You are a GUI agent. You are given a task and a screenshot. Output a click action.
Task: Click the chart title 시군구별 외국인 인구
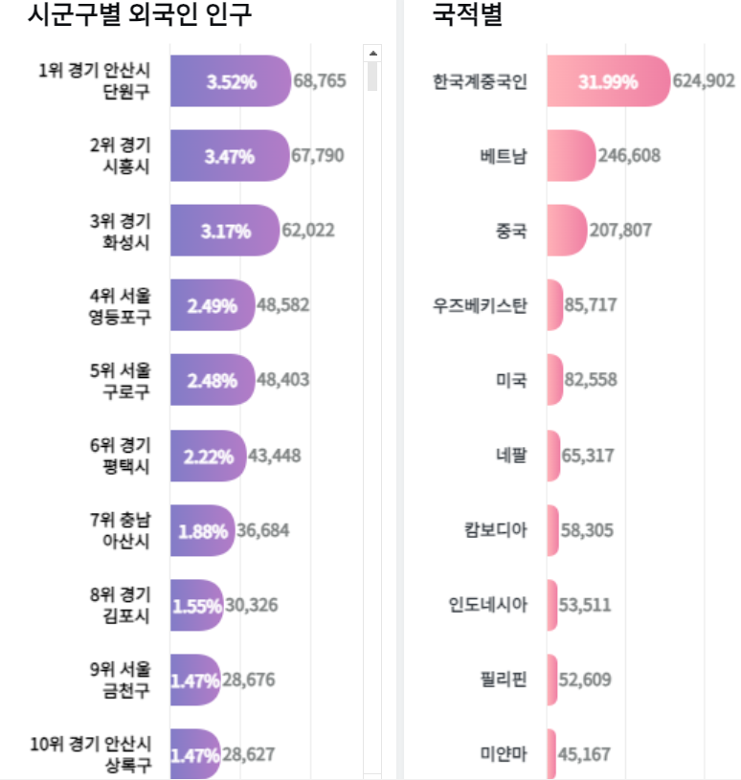pyautogui.click(x=140, y=15)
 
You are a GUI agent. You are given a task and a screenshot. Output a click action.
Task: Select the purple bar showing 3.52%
pyautogui.click(x=231, y=81)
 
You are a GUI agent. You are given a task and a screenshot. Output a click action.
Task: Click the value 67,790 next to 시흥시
pyautogui.click(x=317, y=156)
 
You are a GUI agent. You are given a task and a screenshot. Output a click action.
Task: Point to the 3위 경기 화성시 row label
pyautogui.click(x=120, y=231)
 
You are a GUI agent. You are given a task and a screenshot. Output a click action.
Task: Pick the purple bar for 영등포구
pyautogui.click(x=213, y=305)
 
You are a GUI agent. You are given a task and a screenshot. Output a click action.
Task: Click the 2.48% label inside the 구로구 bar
pyautogui.click(x=212, y=380)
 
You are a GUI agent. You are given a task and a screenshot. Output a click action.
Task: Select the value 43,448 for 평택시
pyautogui.click(x=274, y=455)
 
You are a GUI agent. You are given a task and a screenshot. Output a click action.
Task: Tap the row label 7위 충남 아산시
pyautogui.click(x=120, y=529)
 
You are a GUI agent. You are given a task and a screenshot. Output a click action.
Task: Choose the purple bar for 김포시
pyautogui.click(x=196, y=605)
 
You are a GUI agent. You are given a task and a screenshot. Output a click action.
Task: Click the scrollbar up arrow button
pyautogui.click(x=372, y=52)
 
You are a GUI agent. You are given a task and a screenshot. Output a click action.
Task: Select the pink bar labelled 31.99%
pyautogui.click(x=608, y=81)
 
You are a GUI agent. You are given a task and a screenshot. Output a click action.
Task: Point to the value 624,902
pyautogui.click(x=704, y=81)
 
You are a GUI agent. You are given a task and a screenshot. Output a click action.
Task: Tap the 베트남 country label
pyautogui.click(x=503, y=156)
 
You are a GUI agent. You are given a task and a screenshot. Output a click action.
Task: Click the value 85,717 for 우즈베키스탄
pyautogui.click(x=591, y=305)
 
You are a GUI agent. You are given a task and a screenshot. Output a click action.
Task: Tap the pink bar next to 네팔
pyautogui.click(x=554, y=455)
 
